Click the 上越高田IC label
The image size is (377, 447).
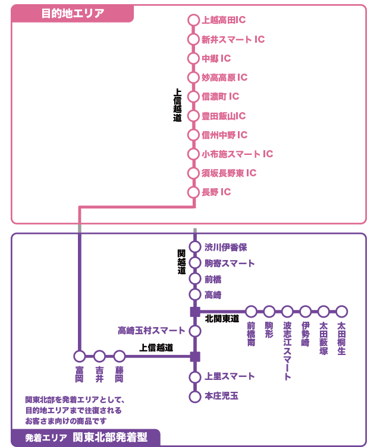coord(224,20)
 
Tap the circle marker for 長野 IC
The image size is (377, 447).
coord(193,192)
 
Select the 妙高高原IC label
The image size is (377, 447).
coord(224,78)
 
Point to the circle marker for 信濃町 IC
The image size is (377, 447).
coord(193,97)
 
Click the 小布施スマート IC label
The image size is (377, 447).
coord(237,154)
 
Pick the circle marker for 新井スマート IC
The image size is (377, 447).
coord(193,40)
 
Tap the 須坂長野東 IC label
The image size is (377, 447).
coord(229,173)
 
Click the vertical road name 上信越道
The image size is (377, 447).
coord(177,106)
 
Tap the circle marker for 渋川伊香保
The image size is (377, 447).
coord(194,247)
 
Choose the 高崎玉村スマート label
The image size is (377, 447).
coord(151,330)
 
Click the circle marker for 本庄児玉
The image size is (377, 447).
coord(194,397)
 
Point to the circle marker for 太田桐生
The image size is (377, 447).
coord(341,311)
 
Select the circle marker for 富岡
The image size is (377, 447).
coord(80,356)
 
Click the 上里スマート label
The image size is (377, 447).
coord(230,376)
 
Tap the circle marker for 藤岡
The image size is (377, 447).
coord(120,356)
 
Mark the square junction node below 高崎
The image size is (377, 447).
coord(194,311)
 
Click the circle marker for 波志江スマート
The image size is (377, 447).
coord(287,311)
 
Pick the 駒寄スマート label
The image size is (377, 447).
coord(230,263)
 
